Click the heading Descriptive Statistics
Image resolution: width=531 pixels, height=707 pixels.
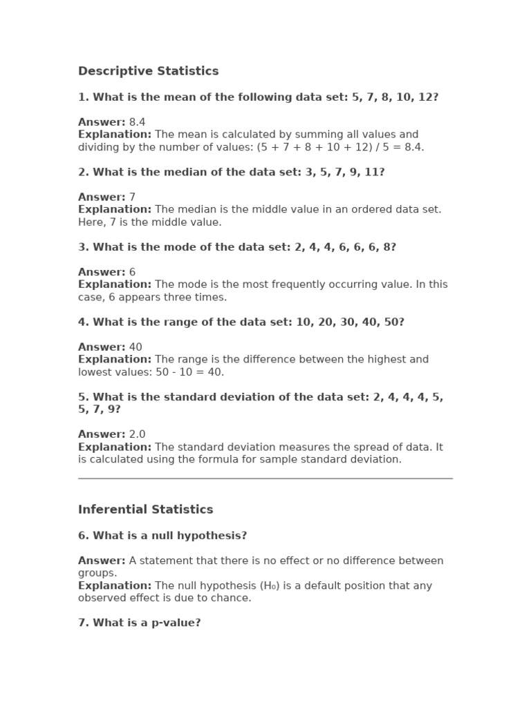tap(148, 71)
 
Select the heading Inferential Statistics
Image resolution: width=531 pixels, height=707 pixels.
tap(145, 510)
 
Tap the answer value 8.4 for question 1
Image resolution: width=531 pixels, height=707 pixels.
tap(137, 122)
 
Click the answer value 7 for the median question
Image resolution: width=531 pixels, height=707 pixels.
tap(132, 197)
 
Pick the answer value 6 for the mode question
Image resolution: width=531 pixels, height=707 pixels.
tap(132, 272)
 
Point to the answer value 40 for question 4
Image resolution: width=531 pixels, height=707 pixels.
tap(136, 347)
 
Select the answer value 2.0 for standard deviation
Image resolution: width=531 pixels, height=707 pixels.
tap(137, 434)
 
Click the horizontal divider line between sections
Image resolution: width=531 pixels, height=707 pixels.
tap(265, 478)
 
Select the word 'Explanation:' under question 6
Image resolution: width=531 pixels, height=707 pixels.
tap(115, 585)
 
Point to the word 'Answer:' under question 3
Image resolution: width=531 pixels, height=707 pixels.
tap(102, 272)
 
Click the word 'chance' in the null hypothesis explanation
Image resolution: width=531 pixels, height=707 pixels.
tap(233, 598)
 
